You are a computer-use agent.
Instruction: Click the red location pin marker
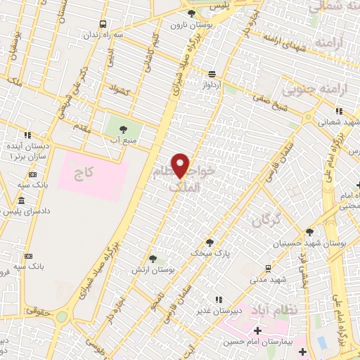(181, 166)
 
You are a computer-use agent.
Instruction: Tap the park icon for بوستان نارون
(191, 13)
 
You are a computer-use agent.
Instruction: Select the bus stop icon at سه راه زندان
(104, 24)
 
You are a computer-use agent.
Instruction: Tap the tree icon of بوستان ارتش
(153, 259)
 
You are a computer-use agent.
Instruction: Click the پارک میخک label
(214, 251)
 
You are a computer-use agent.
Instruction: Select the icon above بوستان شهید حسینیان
(309, 232)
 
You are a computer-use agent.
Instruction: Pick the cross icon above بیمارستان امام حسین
(257, 330)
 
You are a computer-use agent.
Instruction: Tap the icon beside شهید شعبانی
(339, 110)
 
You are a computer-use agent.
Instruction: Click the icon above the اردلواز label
(212, 74)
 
